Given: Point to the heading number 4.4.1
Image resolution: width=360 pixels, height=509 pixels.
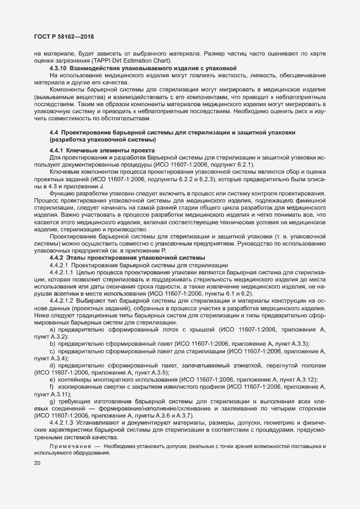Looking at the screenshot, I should coord(56,150).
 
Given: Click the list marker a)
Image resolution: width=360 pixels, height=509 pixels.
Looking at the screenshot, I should coord(52,330).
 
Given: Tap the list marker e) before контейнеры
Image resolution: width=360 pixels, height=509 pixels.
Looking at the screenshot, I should coord(52,379).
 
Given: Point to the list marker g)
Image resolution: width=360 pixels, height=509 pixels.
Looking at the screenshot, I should coord(52,401).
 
